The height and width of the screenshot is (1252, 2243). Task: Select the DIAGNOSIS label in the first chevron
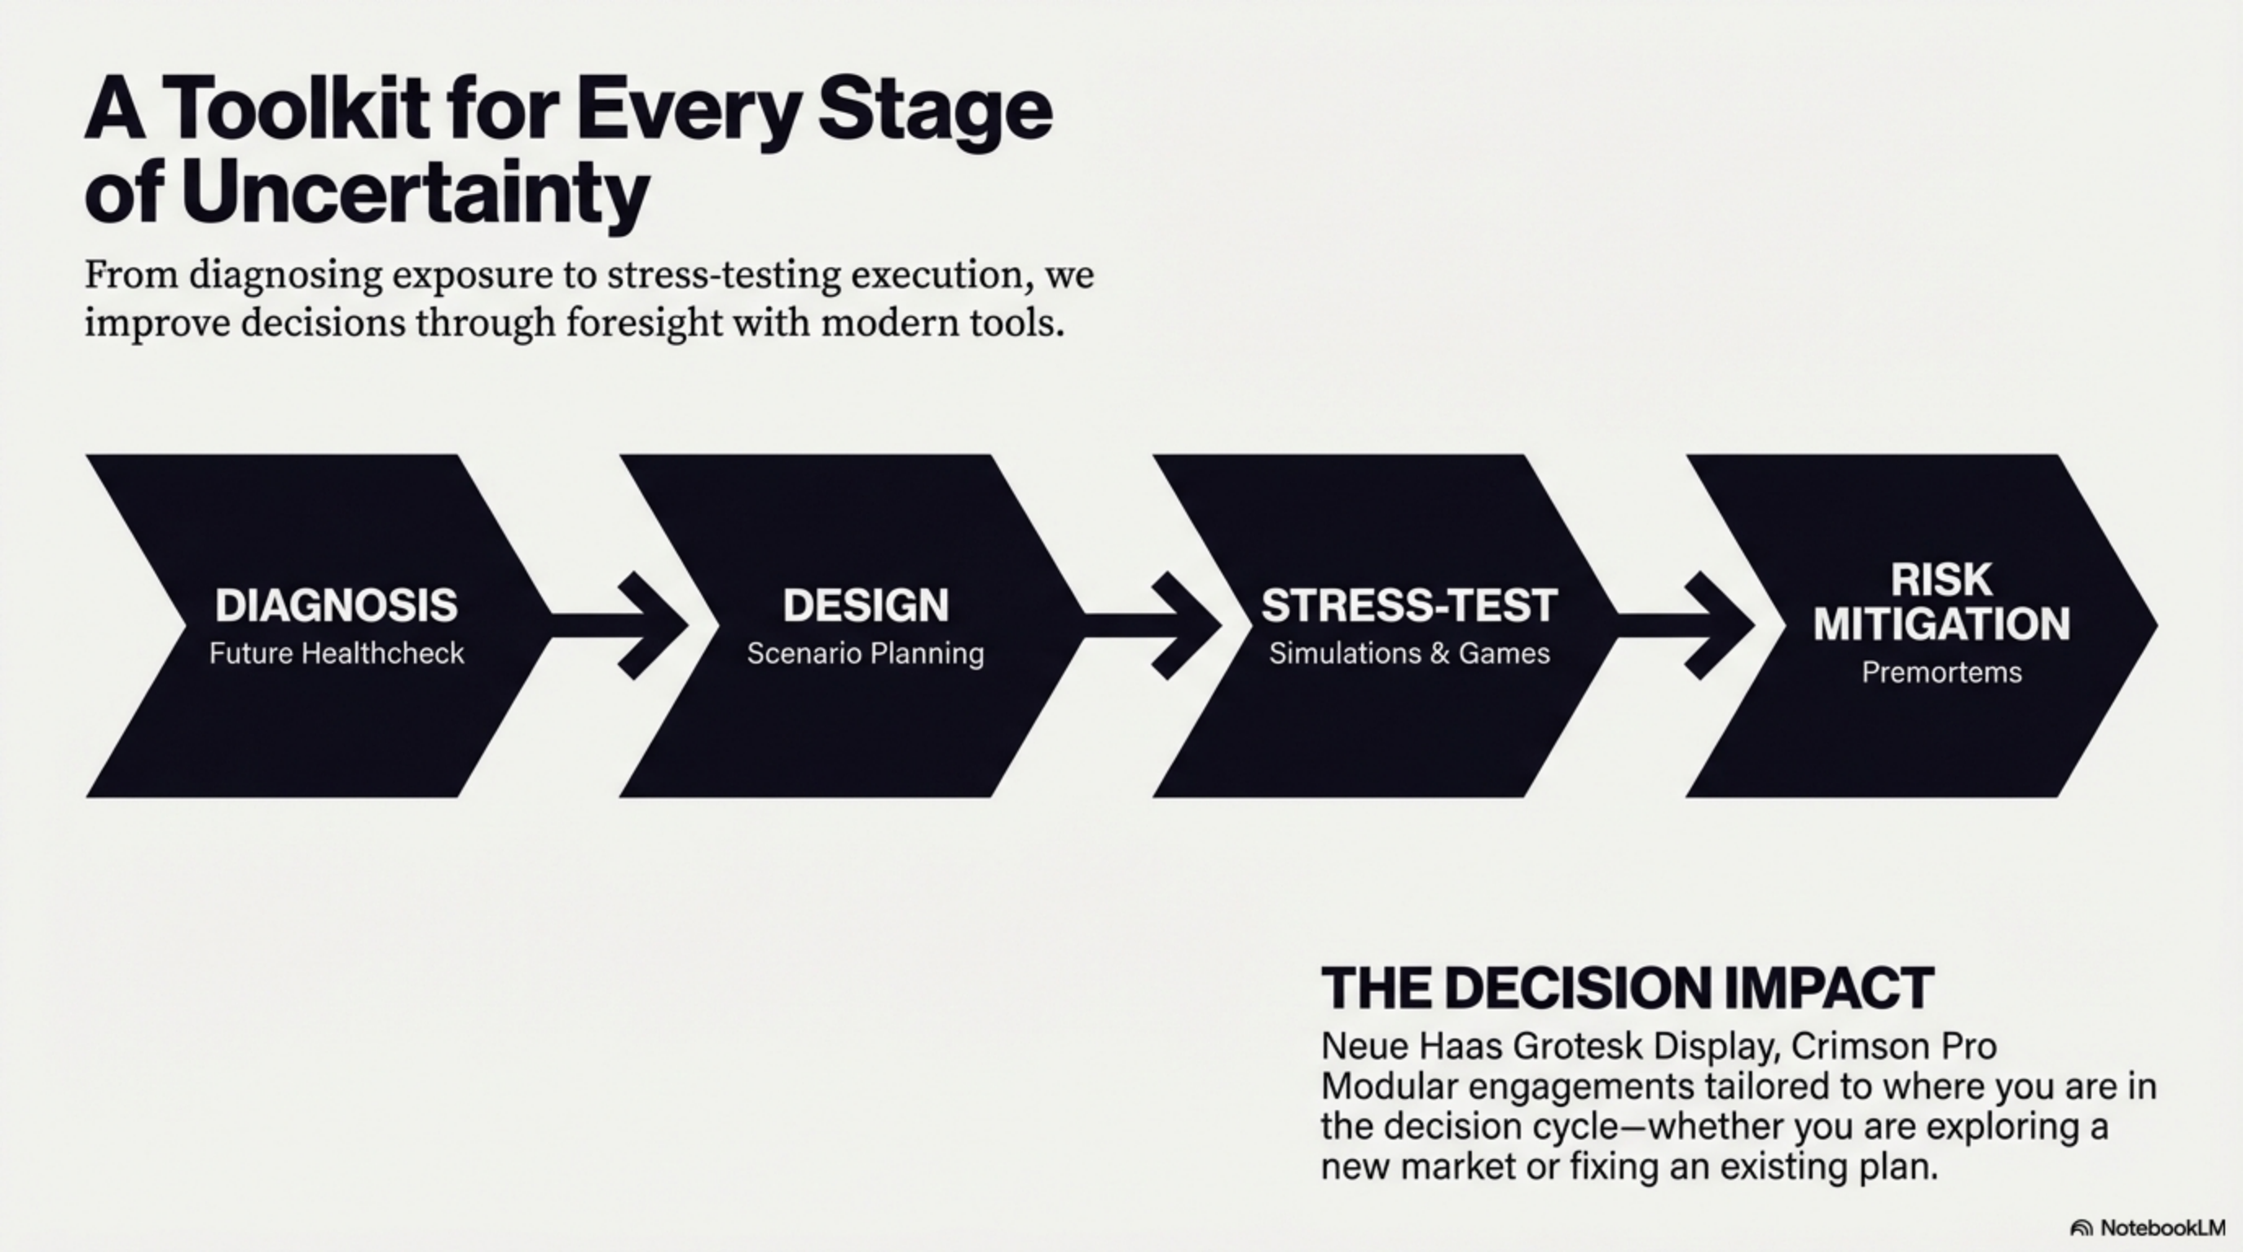click(x=336, y=605)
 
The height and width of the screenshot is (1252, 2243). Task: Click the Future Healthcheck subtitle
click(x=336, y=653)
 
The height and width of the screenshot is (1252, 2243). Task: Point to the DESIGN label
click(x=866, y=605)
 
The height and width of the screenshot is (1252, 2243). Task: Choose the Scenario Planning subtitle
click(x=866, y=654)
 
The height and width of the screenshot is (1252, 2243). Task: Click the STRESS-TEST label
click(x=1409, y=605)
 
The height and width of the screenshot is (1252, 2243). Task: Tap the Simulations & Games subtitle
click(x=1409, y=653)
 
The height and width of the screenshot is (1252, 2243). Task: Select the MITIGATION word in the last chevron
click(x=1941, y=624)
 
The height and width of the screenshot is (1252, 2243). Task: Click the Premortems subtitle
click(x=1941, y=672)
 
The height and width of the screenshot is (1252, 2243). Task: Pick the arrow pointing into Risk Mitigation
click(x=1686, y=625)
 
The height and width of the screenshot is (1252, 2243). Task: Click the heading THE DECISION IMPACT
click(x=1628, y=988)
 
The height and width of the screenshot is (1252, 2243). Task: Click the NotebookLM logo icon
click(x=2081, y=1228)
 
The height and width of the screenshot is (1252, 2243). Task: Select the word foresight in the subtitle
click(x=642, y=323)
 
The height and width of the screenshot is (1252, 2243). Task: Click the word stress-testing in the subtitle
click(x=724, y=276)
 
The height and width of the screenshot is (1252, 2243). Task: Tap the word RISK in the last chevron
click(x=1941, y=579)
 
